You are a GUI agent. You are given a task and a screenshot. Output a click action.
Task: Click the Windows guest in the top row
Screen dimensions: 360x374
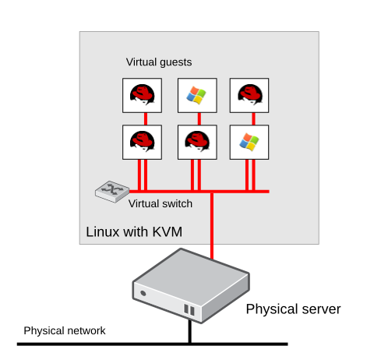coord(196,96)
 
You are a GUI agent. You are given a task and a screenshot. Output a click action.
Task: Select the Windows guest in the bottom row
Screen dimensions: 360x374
coord(249,141)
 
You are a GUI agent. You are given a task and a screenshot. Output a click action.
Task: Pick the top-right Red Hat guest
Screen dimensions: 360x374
coord(249,96)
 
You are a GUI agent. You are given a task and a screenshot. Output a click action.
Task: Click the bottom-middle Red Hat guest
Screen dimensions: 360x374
coord(196,141)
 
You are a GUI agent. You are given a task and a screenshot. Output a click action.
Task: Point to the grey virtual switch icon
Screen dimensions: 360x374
coord(108,191)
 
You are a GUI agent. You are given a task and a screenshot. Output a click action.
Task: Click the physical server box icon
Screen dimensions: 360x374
coord(189,285)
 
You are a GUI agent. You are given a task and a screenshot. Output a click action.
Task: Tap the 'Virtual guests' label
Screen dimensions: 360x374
coord(158,62)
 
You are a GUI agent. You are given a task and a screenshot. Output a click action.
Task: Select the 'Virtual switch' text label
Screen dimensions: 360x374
coord(160,204)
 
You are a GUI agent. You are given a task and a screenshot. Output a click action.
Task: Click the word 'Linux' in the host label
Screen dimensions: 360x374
coord(103,231)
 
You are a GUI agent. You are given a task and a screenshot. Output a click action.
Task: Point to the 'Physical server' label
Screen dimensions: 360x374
coord(293,309)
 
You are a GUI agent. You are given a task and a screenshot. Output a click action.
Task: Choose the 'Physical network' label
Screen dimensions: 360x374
coord(64,331)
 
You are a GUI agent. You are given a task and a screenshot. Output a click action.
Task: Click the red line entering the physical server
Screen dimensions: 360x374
coord(211,234)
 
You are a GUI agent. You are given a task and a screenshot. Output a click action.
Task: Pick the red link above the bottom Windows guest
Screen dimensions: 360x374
coord(249,118)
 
